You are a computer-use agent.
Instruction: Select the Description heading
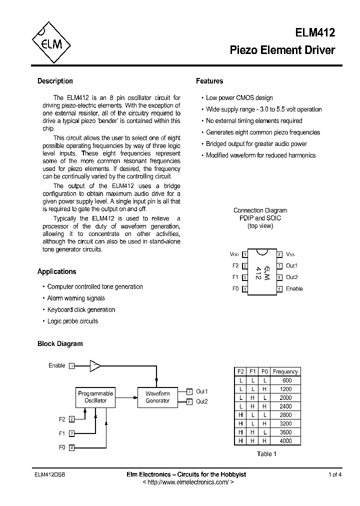pos(55,81)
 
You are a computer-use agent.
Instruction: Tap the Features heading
pos(209,81)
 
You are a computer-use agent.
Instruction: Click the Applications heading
pos(56,271)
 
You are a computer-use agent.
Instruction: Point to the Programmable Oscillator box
pos(95,397)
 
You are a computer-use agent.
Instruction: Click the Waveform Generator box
pos(157,397)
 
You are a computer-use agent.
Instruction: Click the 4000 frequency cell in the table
pos(286,441)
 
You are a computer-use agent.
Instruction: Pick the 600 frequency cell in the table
pos(287,380)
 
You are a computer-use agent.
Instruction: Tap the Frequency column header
pos(285,371)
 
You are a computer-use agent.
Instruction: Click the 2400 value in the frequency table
pos(286,406)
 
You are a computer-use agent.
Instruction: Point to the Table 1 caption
pos(266,454)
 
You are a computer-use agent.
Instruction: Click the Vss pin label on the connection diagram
pos(290,254)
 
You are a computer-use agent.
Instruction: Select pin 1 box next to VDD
pos(244,254)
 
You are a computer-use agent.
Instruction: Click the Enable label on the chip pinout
pos(294,289)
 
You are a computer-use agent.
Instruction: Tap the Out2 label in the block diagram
pos(201,401)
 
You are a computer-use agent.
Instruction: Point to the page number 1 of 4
pos(335,474)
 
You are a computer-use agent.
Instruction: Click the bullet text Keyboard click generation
pos(81,310)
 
